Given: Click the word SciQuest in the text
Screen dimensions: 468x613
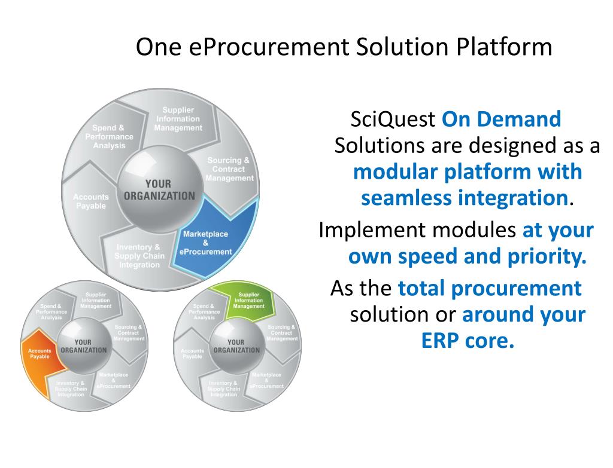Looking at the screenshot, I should tap(393, 120).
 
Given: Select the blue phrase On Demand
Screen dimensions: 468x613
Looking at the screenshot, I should tap(501, 120).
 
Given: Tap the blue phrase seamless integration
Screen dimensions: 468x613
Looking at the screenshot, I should tap(464, 197).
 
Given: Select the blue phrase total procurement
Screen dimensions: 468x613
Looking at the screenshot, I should tap(490, 288).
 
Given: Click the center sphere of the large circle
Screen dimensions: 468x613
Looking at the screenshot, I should tap(159, 190).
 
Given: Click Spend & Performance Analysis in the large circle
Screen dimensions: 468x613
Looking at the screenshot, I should tap(109, 137).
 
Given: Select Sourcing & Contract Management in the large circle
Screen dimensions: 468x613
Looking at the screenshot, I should tap(229, 169).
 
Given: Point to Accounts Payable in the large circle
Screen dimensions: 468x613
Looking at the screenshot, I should tap(91, 201).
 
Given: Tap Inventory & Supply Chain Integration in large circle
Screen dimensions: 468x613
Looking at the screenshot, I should tap(138, 256).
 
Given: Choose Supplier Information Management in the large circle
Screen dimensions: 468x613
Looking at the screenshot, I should tap(178, 119).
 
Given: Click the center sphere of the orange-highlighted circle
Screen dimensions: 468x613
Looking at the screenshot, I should tap(83, 346).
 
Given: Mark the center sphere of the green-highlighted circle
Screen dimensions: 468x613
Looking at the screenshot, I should tap(238, 346).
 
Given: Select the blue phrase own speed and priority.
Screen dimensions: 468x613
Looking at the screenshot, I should tap(467, 257).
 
